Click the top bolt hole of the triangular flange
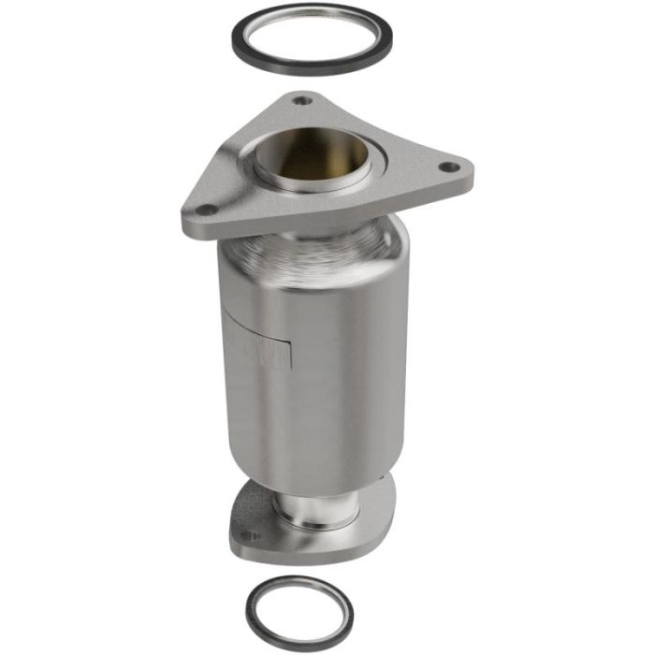[x=300, y=100]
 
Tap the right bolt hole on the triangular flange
[x=449, y=167]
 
